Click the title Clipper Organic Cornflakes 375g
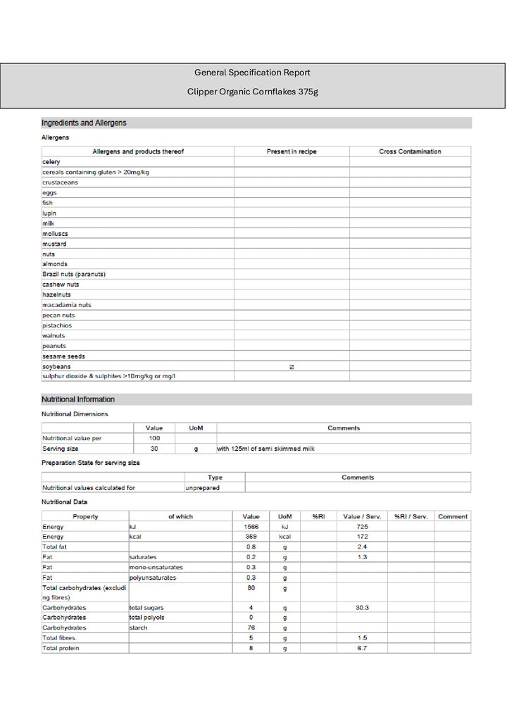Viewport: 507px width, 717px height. pyautogui.click(x=252, y=92)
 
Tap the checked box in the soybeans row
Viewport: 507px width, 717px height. pyautogui.click(x=292, y=367)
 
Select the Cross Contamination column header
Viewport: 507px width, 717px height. pyautogui.click(x=410, y=151)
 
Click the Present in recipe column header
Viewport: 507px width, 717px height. pyautogui.click(x=292, y=151)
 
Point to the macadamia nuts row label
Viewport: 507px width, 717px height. pyautogui.click(x=67, y=305)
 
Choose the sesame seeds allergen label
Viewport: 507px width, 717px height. pyautogui.click(x=63, y=356)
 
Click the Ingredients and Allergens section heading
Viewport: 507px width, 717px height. pyautogui.click(x=84, y=123)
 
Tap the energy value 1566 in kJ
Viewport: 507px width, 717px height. pyautogui.click(x=251, y=527)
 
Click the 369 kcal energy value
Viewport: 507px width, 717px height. pyautogui.click(x=251, y=537)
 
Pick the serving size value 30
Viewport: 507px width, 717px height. pyautogui.click(x=154, y=449)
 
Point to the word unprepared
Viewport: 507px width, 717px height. pyautogui.click(x=203, y=487)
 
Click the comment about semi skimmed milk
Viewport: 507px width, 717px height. pyautogui.click(x=265, y=449)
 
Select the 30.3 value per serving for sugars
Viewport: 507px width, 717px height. pyautogui.click(x=362, y=607)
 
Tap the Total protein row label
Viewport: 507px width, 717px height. pyautogui.click(x=61, y=648)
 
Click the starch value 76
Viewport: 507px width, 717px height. pyautogui.click(x=251, y=628)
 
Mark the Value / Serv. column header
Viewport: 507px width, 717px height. pyautogui.click(x=362, y=516)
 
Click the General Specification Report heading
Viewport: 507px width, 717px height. pyautogui.click(x=252, y=73)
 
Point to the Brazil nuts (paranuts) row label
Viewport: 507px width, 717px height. pyautogui.click(x=74, y=274)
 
